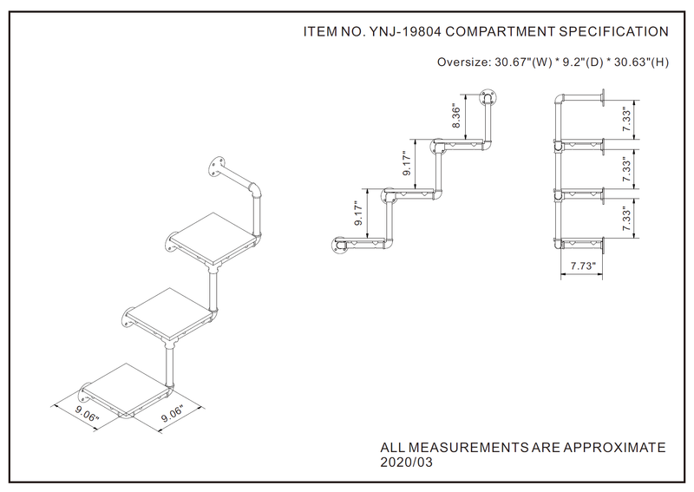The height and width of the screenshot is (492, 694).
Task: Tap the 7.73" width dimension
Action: point(582,266)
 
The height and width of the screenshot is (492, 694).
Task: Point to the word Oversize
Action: point(463,62)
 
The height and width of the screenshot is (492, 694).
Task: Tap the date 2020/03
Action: point(407,462)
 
